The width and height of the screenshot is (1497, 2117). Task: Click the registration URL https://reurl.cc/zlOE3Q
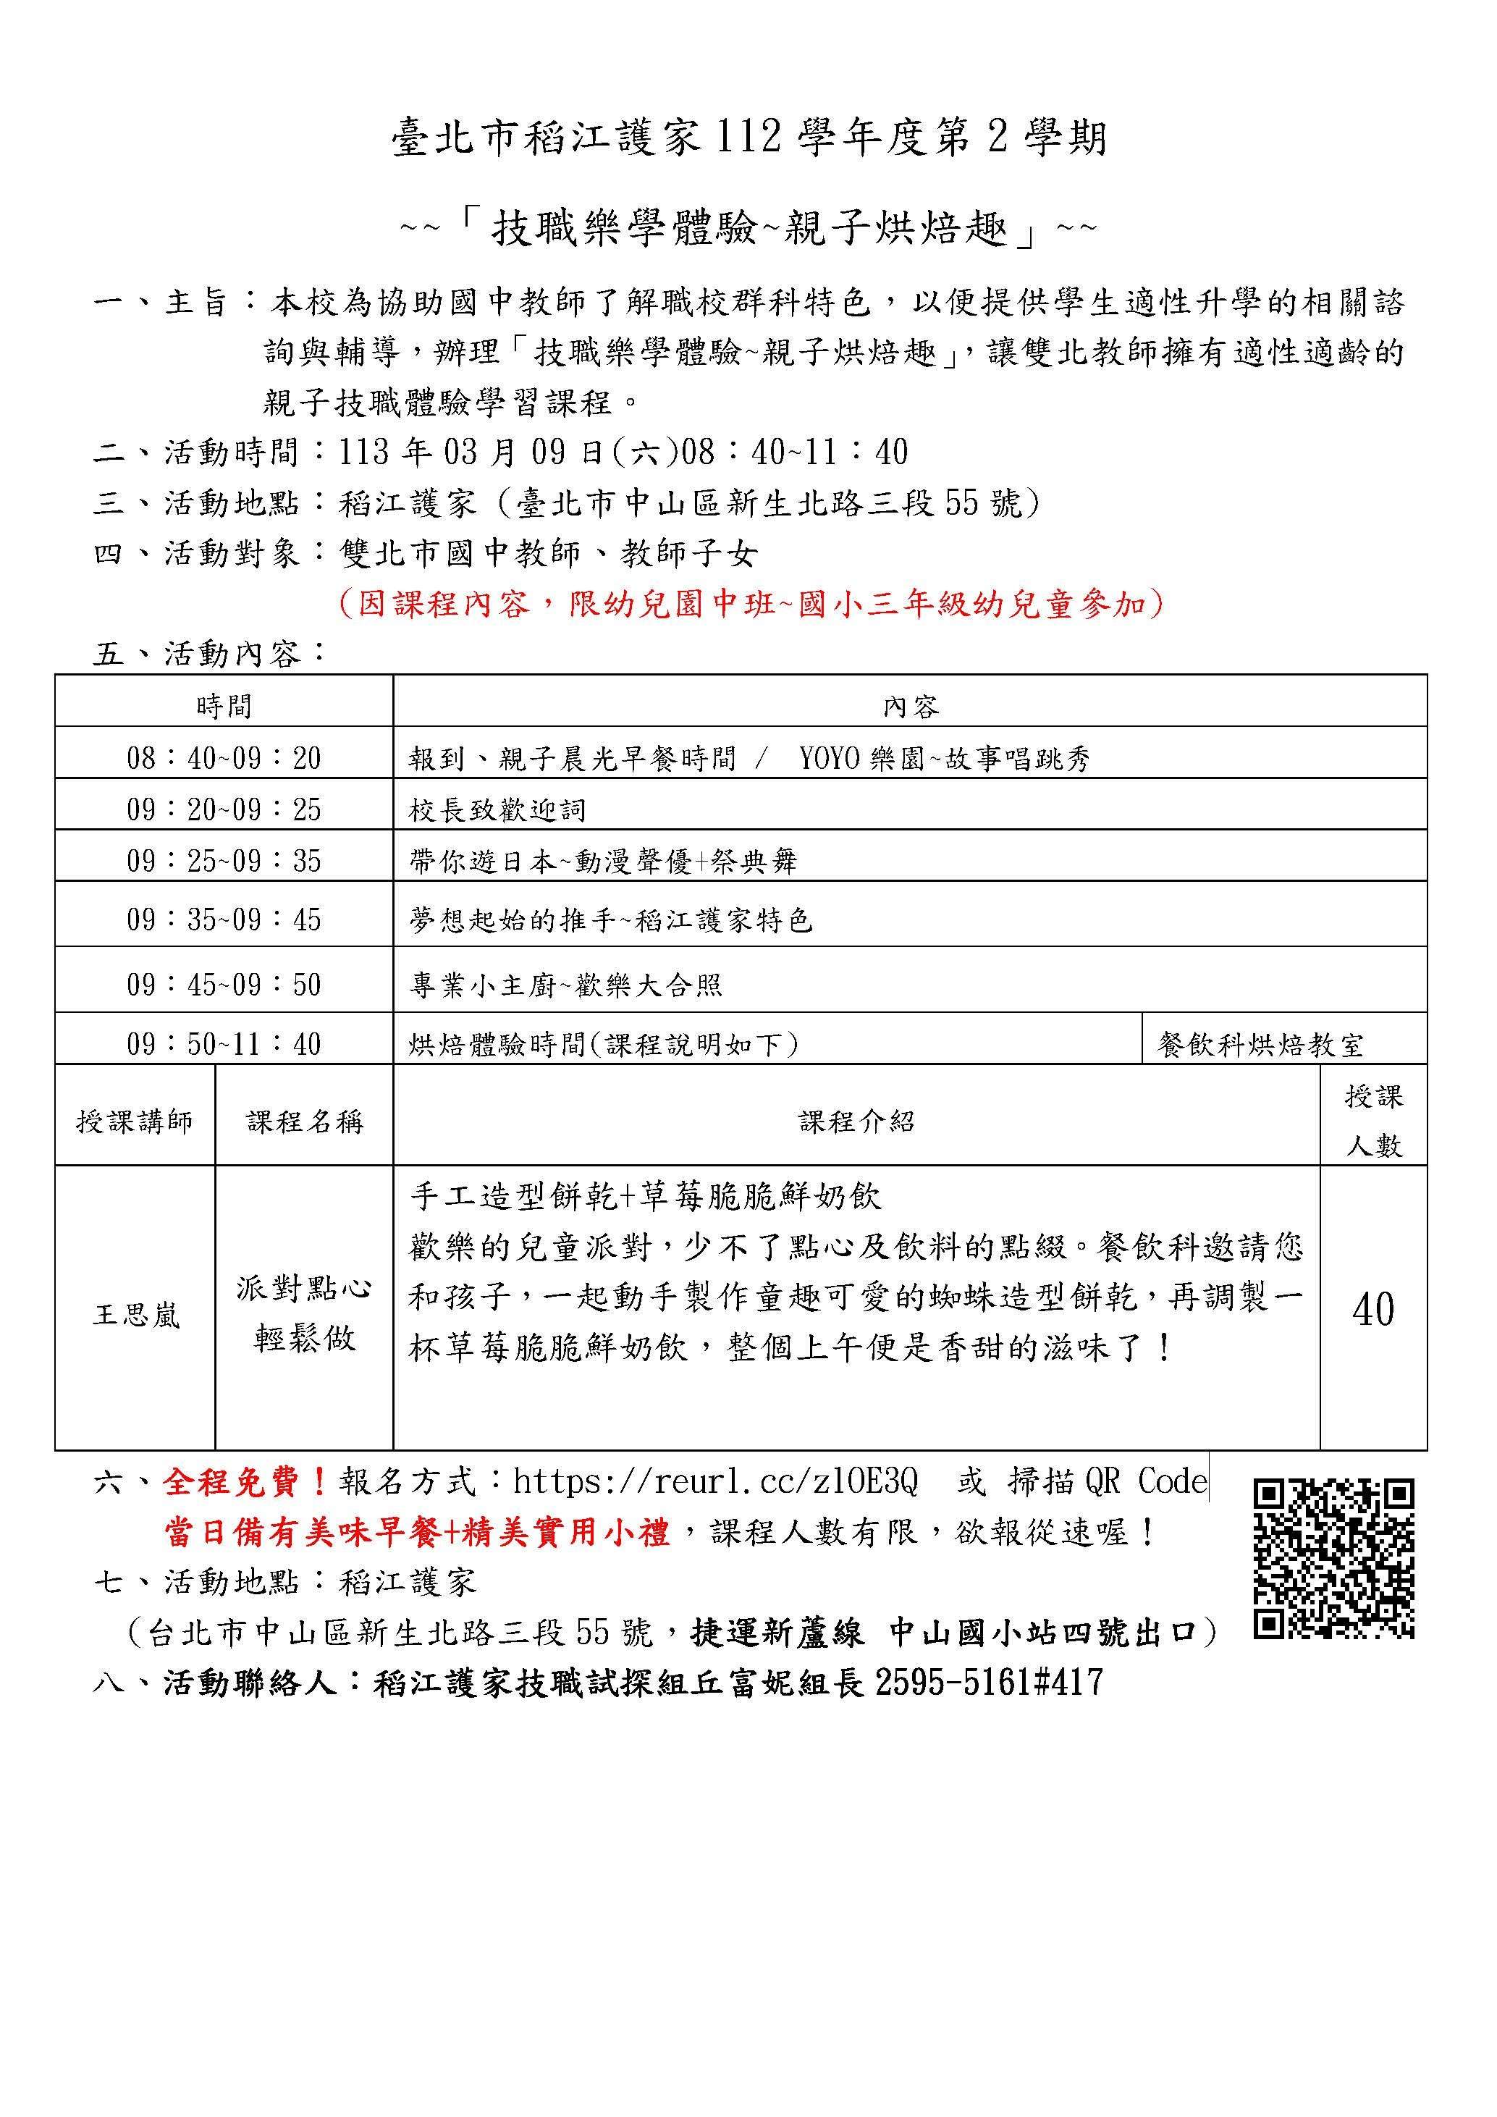pos(715,1482)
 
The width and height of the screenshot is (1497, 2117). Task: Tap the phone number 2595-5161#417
pos(988,1683)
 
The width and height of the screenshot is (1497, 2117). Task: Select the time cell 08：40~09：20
pos(224,759)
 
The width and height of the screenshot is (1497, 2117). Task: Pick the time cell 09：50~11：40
pos(224,1044)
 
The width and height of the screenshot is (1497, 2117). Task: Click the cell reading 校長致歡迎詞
pos(498,810)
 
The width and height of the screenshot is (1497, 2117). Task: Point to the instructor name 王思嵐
pos(135,1315)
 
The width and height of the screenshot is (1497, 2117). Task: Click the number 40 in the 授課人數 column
pos(1372,1309)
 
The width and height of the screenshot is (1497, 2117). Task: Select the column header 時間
pos(224,707)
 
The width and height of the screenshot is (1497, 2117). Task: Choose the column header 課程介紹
pos(856,1121)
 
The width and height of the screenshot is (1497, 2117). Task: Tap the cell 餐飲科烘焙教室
pos(1260,1045)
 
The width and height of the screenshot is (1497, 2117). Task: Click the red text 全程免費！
pos(245,1482)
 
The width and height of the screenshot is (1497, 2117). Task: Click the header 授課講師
pos(135,1121)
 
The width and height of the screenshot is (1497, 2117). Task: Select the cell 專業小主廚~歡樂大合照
pos(566,985)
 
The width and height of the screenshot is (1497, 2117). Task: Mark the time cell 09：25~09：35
pos(224,861)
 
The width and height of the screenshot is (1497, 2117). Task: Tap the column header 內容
pos(910,707)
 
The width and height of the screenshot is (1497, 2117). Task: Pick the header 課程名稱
pos(304,1121)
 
